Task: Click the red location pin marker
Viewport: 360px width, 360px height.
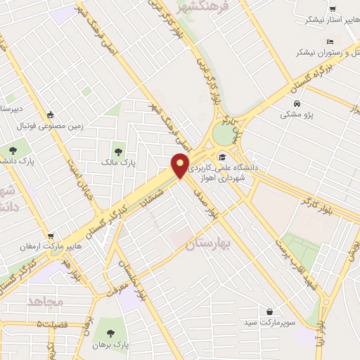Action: [181, 165]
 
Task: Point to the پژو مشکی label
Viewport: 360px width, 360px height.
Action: [299, 114]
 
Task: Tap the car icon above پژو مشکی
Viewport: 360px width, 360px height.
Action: [298, 103]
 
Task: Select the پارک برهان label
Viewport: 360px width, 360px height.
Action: [109, 345]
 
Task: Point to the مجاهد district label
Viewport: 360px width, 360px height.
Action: [47, 301]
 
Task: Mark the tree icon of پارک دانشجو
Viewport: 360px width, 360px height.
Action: [12, 150]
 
